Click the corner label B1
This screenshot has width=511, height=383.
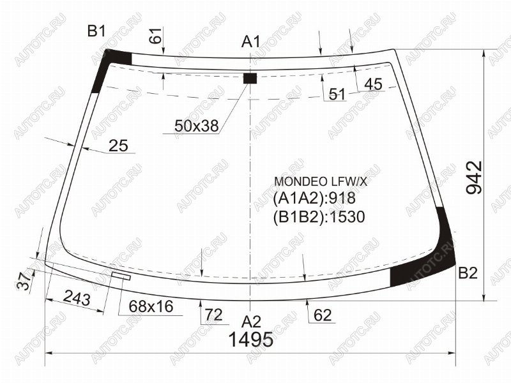tap(97, 31)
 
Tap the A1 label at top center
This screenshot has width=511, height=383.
tap(251, 41)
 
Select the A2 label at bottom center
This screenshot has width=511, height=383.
tap(251, 322)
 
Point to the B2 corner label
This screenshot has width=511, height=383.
tap(468, 273)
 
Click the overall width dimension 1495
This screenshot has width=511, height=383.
tap(251, 340)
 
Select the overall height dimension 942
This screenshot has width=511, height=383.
tap(474, 177)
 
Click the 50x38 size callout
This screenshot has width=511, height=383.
tap(197, 125)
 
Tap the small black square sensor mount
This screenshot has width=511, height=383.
tap(250, 79)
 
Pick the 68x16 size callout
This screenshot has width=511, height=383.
tap(151, 306)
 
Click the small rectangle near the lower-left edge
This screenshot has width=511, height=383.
tap(121, 276)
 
